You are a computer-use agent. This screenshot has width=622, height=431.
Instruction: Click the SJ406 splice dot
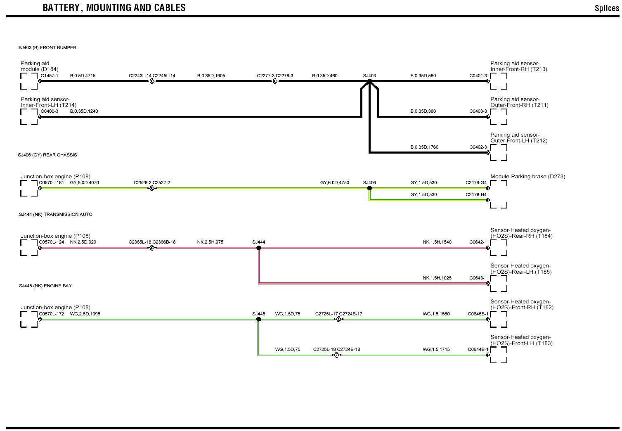[x=369, y=188]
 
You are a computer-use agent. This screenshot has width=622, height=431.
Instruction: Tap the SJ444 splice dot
[x=259, y=248]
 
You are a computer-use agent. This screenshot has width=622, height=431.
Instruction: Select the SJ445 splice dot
[x=259, y=319]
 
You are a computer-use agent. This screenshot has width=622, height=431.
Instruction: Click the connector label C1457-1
[x=49, y=76]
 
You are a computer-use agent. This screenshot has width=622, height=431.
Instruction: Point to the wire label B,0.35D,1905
[x=211, y=76]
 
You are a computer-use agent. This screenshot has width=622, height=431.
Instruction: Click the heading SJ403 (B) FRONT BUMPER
[x=47, y=47]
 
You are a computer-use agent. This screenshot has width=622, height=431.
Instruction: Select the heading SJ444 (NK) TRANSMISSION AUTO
[x=56, y=214]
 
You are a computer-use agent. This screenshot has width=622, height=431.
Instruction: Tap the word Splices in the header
[x=607, y=8]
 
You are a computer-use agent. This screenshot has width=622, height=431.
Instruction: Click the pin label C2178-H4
[x=476, y=194]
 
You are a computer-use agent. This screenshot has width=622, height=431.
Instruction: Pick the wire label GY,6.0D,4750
[x=334, y=182]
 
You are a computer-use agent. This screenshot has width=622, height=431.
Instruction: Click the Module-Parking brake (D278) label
[x=527, y=176]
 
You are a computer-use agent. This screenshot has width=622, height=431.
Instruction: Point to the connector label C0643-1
[x=478, y=278]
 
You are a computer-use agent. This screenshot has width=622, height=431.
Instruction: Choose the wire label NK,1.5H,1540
[x=437, y=242]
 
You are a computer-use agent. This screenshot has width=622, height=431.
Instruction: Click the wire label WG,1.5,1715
[x=436, y=349]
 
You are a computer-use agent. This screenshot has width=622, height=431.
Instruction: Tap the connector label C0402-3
[x=478, y=147]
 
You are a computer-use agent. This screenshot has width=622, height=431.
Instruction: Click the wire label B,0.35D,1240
[x=84, y=111]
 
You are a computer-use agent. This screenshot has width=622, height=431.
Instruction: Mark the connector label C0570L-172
[x=52, y=314]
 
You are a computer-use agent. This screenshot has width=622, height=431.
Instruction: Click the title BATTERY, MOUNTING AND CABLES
[x=114, y=8]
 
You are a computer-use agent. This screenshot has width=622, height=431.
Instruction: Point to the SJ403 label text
[x=369, y=76]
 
